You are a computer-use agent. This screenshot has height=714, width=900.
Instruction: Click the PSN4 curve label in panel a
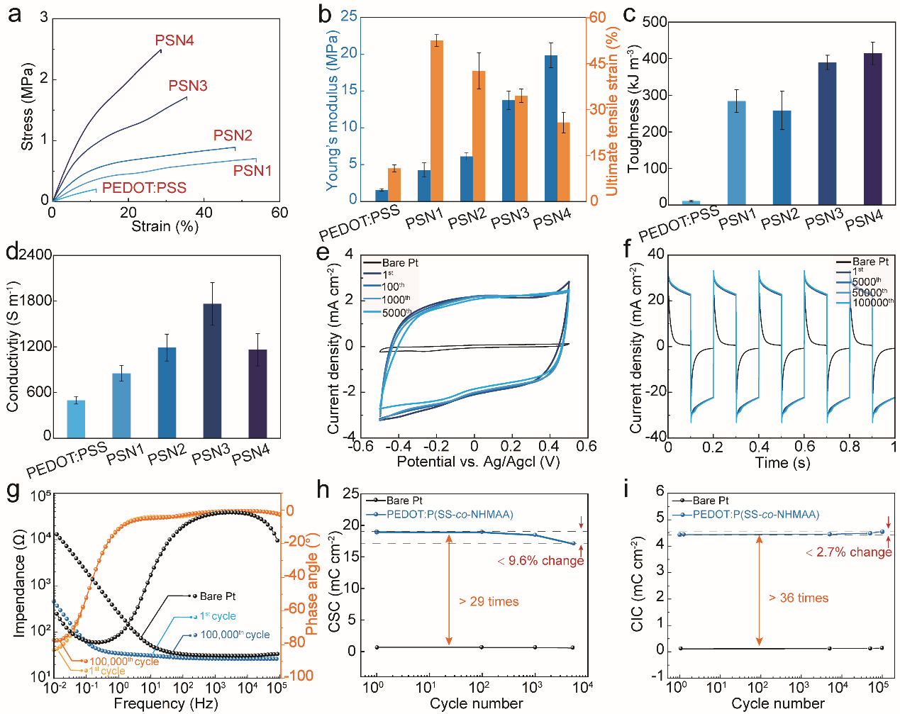click(x=174, y=40)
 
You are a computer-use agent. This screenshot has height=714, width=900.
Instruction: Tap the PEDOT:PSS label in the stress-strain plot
click(x=144, y=188)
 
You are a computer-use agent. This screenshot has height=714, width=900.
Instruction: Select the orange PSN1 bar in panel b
click(x=437, y=121)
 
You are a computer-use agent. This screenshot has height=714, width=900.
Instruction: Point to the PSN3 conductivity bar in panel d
click(x=212, y=370)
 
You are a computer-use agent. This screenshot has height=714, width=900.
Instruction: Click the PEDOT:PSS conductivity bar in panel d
click(x=76, y=418)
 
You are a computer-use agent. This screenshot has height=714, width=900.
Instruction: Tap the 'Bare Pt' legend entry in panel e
click(x=400, y=263)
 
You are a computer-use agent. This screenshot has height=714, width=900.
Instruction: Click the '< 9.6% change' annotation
click(x=540, y=561)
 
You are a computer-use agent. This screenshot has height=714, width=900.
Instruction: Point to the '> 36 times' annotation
click(x=799, y=598)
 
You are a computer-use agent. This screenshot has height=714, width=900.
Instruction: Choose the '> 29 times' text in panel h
click(x=489, y=602)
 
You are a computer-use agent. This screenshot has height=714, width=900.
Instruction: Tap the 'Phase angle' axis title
click(x=311, y=584)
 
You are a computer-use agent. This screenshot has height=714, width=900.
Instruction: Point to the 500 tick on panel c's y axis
click(x=655, y=23)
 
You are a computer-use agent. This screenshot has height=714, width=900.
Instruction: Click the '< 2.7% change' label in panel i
click(x=848, y=552)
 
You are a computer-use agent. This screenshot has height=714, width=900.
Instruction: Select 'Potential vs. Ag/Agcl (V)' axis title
click(x=478, y=462)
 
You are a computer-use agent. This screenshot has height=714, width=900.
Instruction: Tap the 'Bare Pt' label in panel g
click(x=218, y=596)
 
